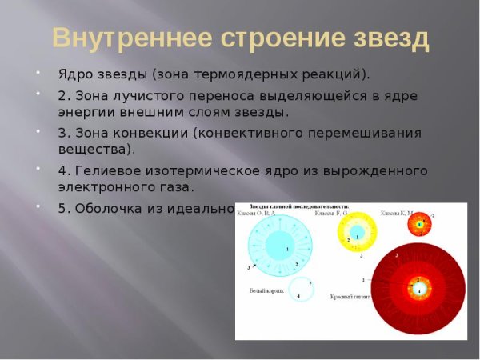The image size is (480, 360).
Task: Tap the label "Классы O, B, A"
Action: point(264,214)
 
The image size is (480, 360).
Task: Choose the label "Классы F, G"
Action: point(330,214)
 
